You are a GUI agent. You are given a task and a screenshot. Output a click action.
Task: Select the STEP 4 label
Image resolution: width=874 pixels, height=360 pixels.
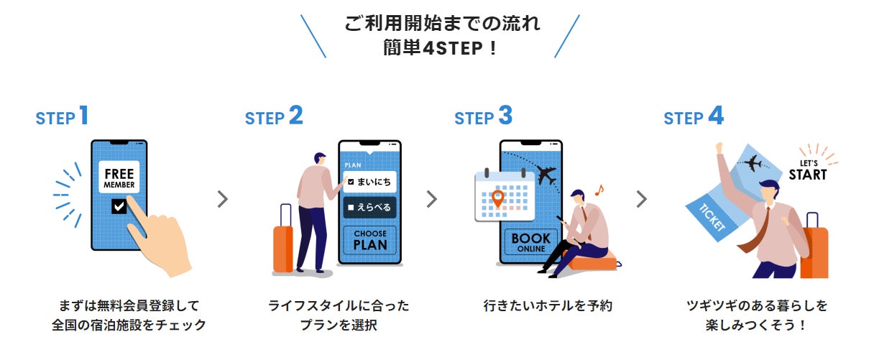[693, 116]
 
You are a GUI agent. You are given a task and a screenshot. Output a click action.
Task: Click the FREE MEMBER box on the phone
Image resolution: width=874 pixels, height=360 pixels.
[119, 178]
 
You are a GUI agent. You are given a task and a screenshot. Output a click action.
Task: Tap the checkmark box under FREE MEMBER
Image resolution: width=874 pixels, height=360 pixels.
[119, 207]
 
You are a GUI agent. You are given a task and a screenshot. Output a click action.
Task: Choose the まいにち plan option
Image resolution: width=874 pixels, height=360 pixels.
[369, 181]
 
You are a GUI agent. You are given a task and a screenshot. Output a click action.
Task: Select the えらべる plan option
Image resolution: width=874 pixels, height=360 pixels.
[369, 208]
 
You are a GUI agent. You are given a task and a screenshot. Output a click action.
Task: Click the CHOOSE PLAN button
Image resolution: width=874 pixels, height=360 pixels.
[369, 239]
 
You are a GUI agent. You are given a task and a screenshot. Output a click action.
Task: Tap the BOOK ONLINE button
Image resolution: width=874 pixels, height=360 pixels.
[530, 242]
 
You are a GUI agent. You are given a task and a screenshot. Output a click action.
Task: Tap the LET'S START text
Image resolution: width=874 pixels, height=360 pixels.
[807, 170]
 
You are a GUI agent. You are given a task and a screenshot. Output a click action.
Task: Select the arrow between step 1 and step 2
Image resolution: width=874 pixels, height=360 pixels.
[223, 199]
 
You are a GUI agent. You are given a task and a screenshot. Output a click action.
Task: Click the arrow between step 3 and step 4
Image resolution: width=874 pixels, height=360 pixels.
[641, 199]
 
